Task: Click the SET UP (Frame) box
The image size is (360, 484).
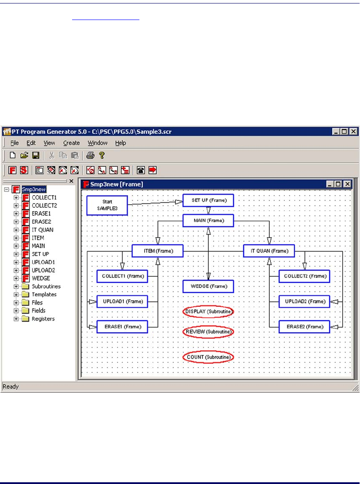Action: click(x=208, y=200)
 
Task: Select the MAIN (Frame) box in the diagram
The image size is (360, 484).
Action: click(x=208, y=221)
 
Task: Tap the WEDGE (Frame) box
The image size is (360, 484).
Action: click(x=208, y=286)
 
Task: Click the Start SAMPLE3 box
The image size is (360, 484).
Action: click(x=107, y=205)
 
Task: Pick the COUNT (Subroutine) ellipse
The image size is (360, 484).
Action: click(x=208, y=357)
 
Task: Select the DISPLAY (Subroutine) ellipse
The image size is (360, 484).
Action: click(x=208, y=312)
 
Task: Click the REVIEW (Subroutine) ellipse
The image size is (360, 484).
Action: click(x=208, y=332)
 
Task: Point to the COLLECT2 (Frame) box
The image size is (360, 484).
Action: click(x=304, y=276)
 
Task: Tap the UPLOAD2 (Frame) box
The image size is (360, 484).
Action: click(x=304, y=302)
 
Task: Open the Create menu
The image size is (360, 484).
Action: click(x=71, y=143)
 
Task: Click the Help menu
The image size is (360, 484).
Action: click(x=120, y=143)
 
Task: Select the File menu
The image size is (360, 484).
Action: click(x=14, y=143)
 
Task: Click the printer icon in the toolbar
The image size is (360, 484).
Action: click(x=90, y=155)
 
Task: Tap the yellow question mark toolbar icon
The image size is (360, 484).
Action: click(x=102, y=155)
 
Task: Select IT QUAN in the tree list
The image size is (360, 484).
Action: click(x=43, y=230)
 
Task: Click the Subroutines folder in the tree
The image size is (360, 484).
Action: click(x=46, y=287)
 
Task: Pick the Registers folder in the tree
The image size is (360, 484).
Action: click(x=43, y=319)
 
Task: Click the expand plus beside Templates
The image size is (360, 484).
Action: click(x=16, y=295)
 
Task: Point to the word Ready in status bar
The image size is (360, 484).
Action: click(x=11, y=386)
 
